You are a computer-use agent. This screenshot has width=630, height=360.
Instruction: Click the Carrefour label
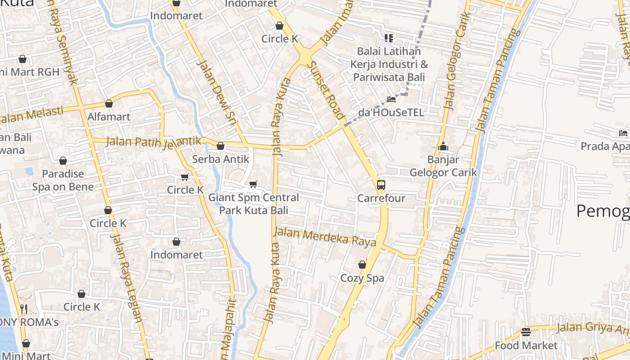(x=381, y=198)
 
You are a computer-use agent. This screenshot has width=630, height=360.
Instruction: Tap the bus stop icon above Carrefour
(x=381, y=184)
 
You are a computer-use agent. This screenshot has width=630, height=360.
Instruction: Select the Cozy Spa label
(x=362, y=278)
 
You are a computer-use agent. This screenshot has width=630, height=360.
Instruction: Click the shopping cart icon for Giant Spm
(x=253, y=184)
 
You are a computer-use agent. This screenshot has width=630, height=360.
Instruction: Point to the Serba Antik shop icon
(x=220, y=146)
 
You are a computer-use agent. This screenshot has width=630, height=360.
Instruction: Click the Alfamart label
(x=109, y=117)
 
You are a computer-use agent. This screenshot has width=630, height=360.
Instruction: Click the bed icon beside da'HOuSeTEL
(x=391, y=99)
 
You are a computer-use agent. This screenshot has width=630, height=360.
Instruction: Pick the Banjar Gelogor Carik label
(x=443, y=166)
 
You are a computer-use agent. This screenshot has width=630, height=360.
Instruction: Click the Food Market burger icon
(x=526, y=332)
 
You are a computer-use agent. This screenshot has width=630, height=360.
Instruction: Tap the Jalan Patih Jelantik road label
(x=153, y=142)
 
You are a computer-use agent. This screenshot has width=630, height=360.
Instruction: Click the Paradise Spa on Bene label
(x=63, y=180)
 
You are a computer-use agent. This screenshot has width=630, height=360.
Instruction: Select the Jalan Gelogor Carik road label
(x=456, y=61)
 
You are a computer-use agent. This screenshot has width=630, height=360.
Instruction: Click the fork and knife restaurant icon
(x=24, y=309)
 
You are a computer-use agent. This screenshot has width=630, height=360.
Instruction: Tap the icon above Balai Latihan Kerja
(x=388, y=38)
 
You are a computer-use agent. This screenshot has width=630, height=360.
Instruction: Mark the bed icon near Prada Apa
(x=623, y=133)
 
